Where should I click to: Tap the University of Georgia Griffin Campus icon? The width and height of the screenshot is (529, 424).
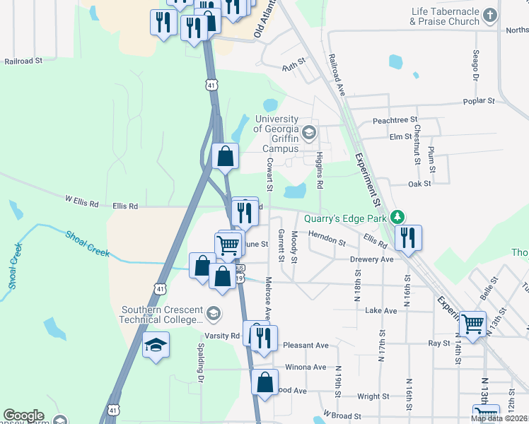click(308, 132)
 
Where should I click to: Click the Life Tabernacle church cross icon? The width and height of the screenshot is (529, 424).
click(489, 14)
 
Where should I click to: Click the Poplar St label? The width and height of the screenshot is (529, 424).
click(479, 101)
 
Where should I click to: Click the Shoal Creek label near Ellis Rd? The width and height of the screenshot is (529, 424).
click(88, 244)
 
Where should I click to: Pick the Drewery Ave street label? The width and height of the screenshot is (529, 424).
click(371, 259)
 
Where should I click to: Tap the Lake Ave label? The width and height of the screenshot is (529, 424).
click(379, 310)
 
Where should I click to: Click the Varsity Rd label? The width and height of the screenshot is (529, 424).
click(224, 336)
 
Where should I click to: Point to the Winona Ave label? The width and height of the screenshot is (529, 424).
click(305, 367)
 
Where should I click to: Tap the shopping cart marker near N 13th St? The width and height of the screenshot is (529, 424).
click(473, 323)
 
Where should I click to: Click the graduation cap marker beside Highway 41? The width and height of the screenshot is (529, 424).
click(156, 345)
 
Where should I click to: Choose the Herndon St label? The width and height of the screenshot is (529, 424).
click(326, 242)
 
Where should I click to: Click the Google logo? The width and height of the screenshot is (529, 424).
click(23, 416)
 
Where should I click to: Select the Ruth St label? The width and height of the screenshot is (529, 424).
click(293, 66)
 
